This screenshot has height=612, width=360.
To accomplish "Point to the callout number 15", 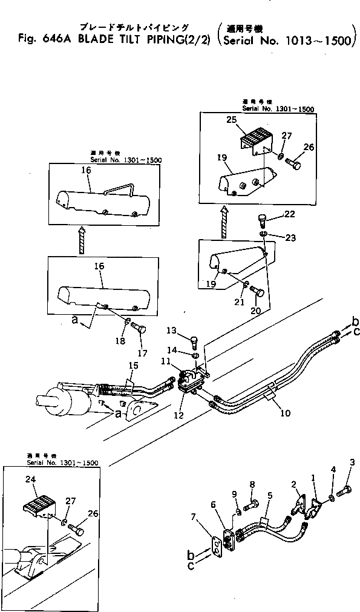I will tap(134, 365).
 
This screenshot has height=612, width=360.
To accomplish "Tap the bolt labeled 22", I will tap(262, 219).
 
